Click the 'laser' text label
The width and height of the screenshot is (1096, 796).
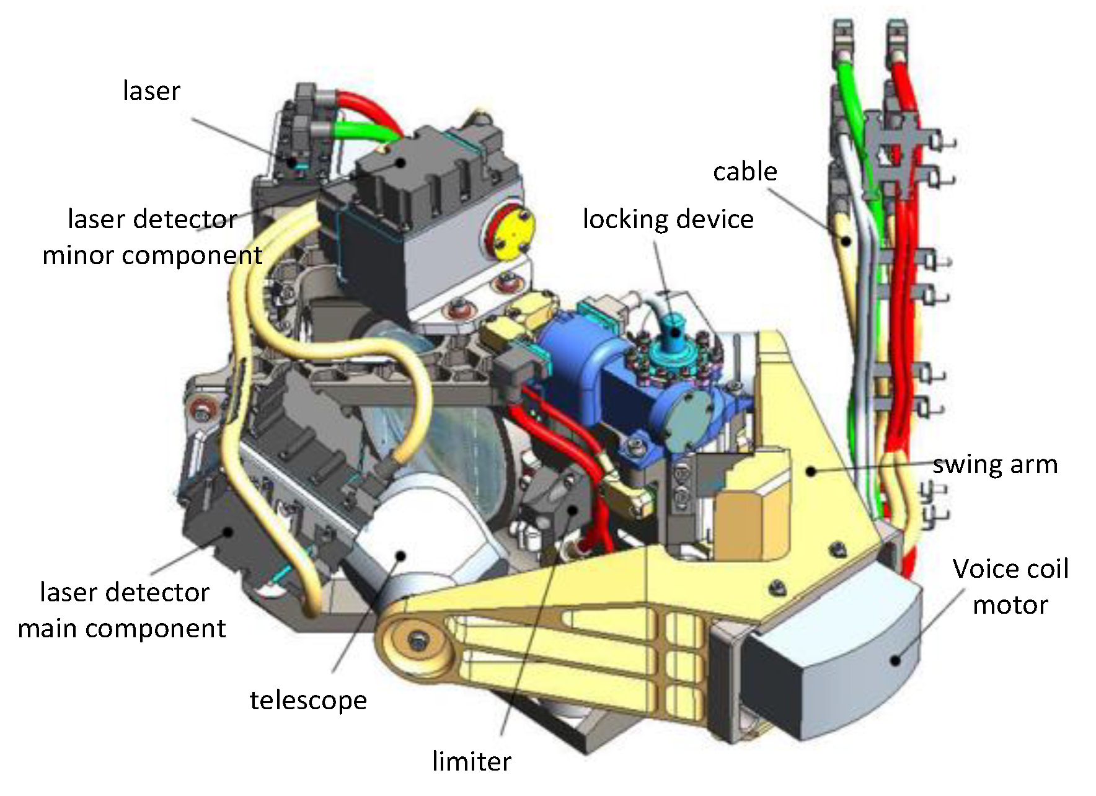[151, 91]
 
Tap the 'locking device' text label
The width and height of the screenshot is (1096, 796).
[668, 219]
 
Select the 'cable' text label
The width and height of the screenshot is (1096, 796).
[745, 172]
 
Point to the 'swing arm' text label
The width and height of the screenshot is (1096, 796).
[994, 465]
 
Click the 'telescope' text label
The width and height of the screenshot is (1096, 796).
[308, 701]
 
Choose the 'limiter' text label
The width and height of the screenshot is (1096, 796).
[471, 761]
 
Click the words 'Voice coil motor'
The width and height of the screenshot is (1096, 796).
[1010, 586]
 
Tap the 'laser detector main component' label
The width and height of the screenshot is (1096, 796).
[123, 610]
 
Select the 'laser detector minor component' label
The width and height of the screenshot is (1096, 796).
[152, 237]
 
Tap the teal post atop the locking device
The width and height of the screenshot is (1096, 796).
[673, 335]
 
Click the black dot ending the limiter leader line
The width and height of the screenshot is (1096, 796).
[573, 510]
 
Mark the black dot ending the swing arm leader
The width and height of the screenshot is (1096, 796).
[811, 471]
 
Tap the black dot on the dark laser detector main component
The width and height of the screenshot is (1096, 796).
[228, 532]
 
